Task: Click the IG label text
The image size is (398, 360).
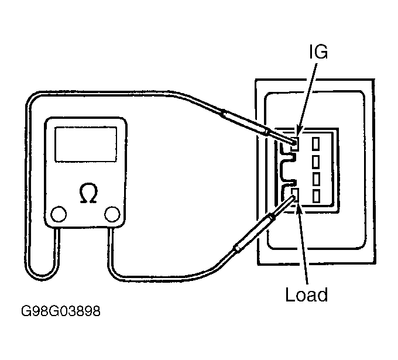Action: pyautogui.click(x=318, y=52)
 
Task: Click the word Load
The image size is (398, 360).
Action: pyautogui.click(x=307, y=294)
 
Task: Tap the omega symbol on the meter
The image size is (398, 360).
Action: pyautogui.click(x=88, y=193)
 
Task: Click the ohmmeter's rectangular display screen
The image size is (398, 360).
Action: pyautogui.click(x=86, y=144)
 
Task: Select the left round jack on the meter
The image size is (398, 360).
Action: pyautogui.click(x=59, y=214)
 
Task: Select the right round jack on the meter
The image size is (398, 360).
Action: pyautogui.click(x=112, y=214)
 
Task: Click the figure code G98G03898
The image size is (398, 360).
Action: pyautogui.click(x=61, y=311)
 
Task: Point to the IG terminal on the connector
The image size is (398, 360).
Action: pyautogui.click(x=295, y=143)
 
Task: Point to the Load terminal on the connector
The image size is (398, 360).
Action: pyautogui.click(x=295, y=195)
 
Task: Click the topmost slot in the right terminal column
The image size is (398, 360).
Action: pyautogui.click(x=315, y=143)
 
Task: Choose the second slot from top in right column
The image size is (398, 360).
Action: pyautogui.click(x=315, y=162)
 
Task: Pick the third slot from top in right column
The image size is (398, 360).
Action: pyautogui.click(x=315, y=179)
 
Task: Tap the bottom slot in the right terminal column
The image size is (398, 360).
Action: pyautogui.click(x=315, y=196)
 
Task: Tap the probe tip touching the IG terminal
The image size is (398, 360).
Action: pyautogui.click(x=294, y=142)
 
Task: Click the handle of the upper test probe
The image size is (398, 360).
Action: pyautogui.click(x=245, y=122)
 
